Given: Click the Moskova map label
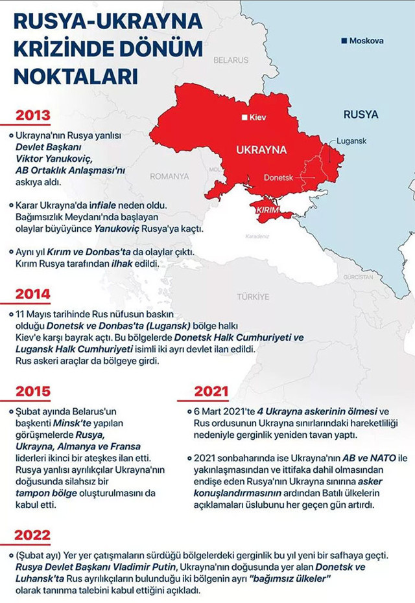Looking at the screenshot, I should (366, 41).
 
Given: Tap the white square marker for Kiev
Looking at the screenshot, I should (244, 118).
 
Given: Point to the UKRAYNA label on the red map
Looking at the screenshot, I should (261, 150).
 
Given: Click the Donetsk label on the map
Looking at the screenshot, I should (278, 177).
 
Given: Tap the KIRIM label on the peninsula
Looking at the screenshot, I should (267, 212).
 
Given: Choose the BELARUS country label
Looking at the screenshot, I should (231, 60).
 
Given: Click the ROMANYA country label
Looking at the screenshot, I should (169, 176).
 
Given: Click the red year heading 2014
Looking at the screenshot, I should (33, 294).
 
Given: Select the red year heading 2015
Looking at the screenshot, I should (33, 391).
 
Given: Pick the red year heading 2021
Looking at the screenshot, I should (211, 391).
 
